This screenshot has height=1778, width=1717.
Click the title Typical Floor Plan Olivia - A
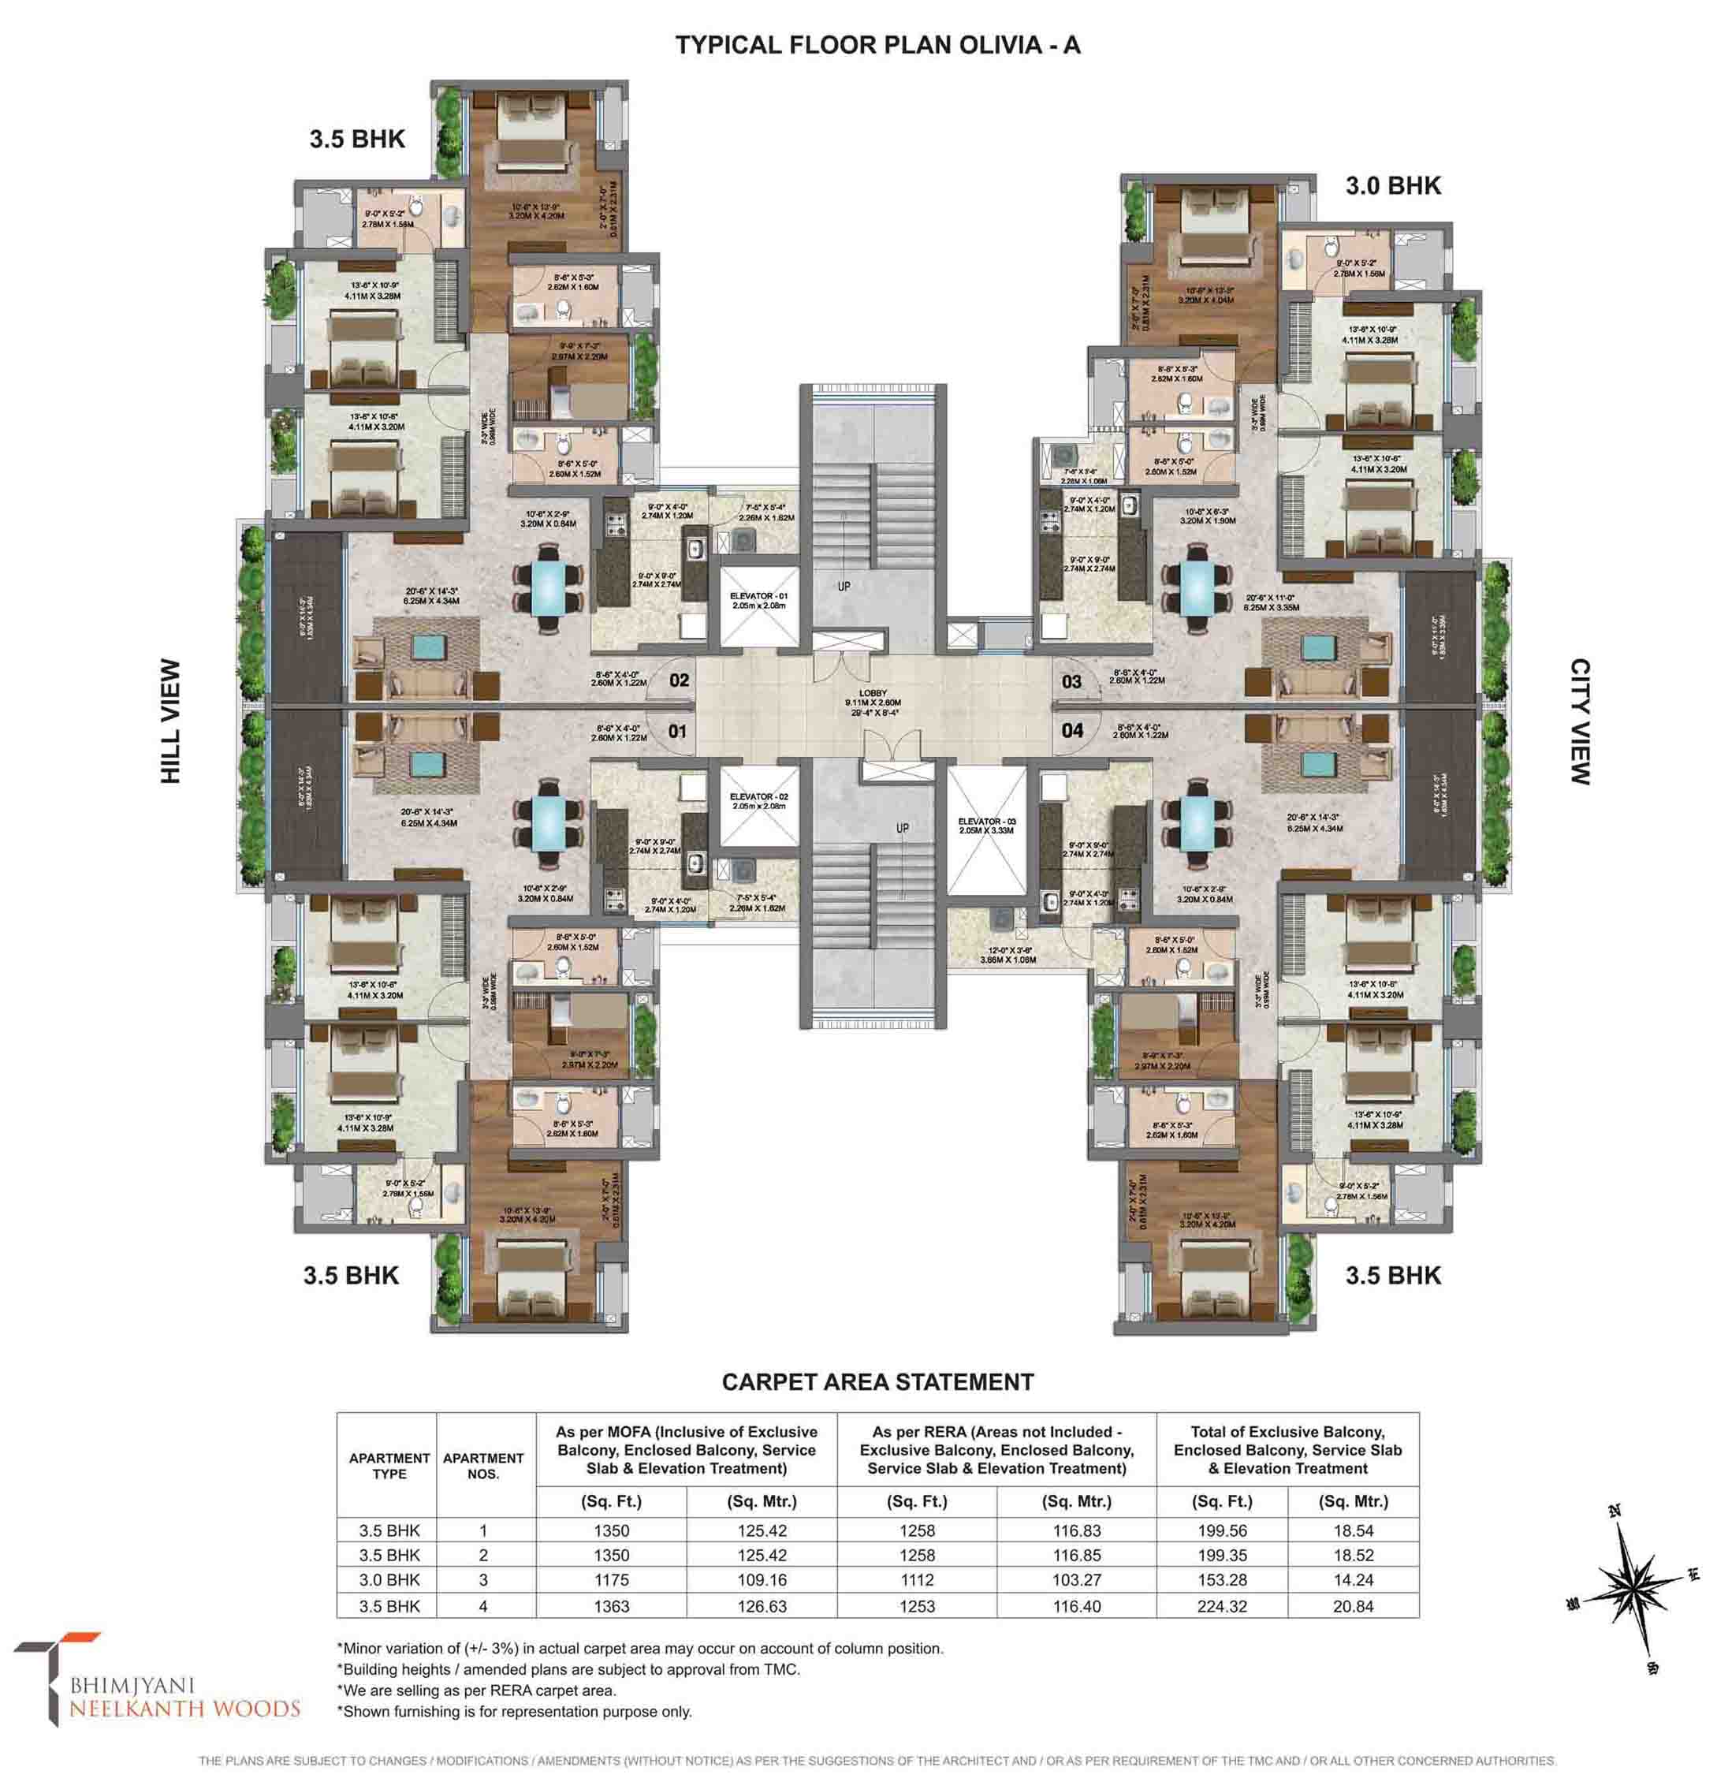877,46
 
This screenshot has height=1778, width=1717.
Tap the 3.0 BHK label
1392,186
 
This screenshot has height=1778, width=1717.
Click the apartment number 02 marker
679,680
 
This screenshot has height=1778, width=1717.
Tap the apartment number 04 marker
1071,730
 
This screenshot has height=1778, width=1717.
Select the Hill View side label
170,721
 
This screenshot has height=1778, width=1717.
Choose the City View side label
1579,721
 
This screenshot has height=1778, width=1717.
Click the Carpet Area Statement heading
877,1381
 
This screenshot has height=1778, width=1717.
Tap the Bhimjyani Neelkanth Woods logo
155,1686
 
